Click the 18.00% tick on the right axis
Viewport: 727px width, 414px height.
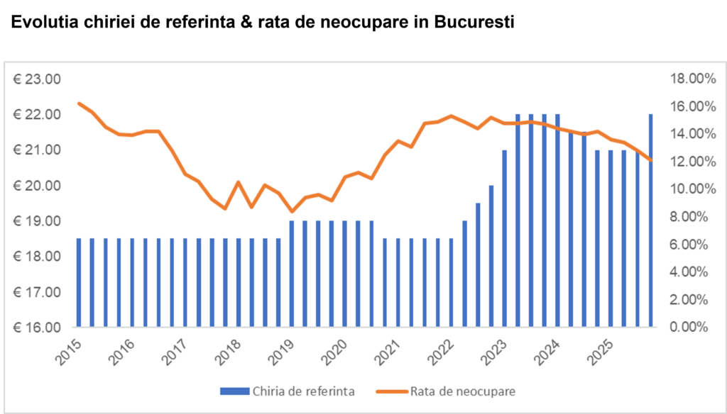click(687, 79)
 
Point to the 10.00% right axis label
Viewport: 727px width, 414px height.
click(687, 189)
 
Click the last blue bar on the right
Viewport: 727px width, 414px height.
click(650, 220)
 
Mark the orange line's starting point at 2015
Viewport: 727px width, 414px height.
click(79, 103)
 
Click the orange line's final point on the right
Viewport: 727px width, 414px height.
click(650, 160)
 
